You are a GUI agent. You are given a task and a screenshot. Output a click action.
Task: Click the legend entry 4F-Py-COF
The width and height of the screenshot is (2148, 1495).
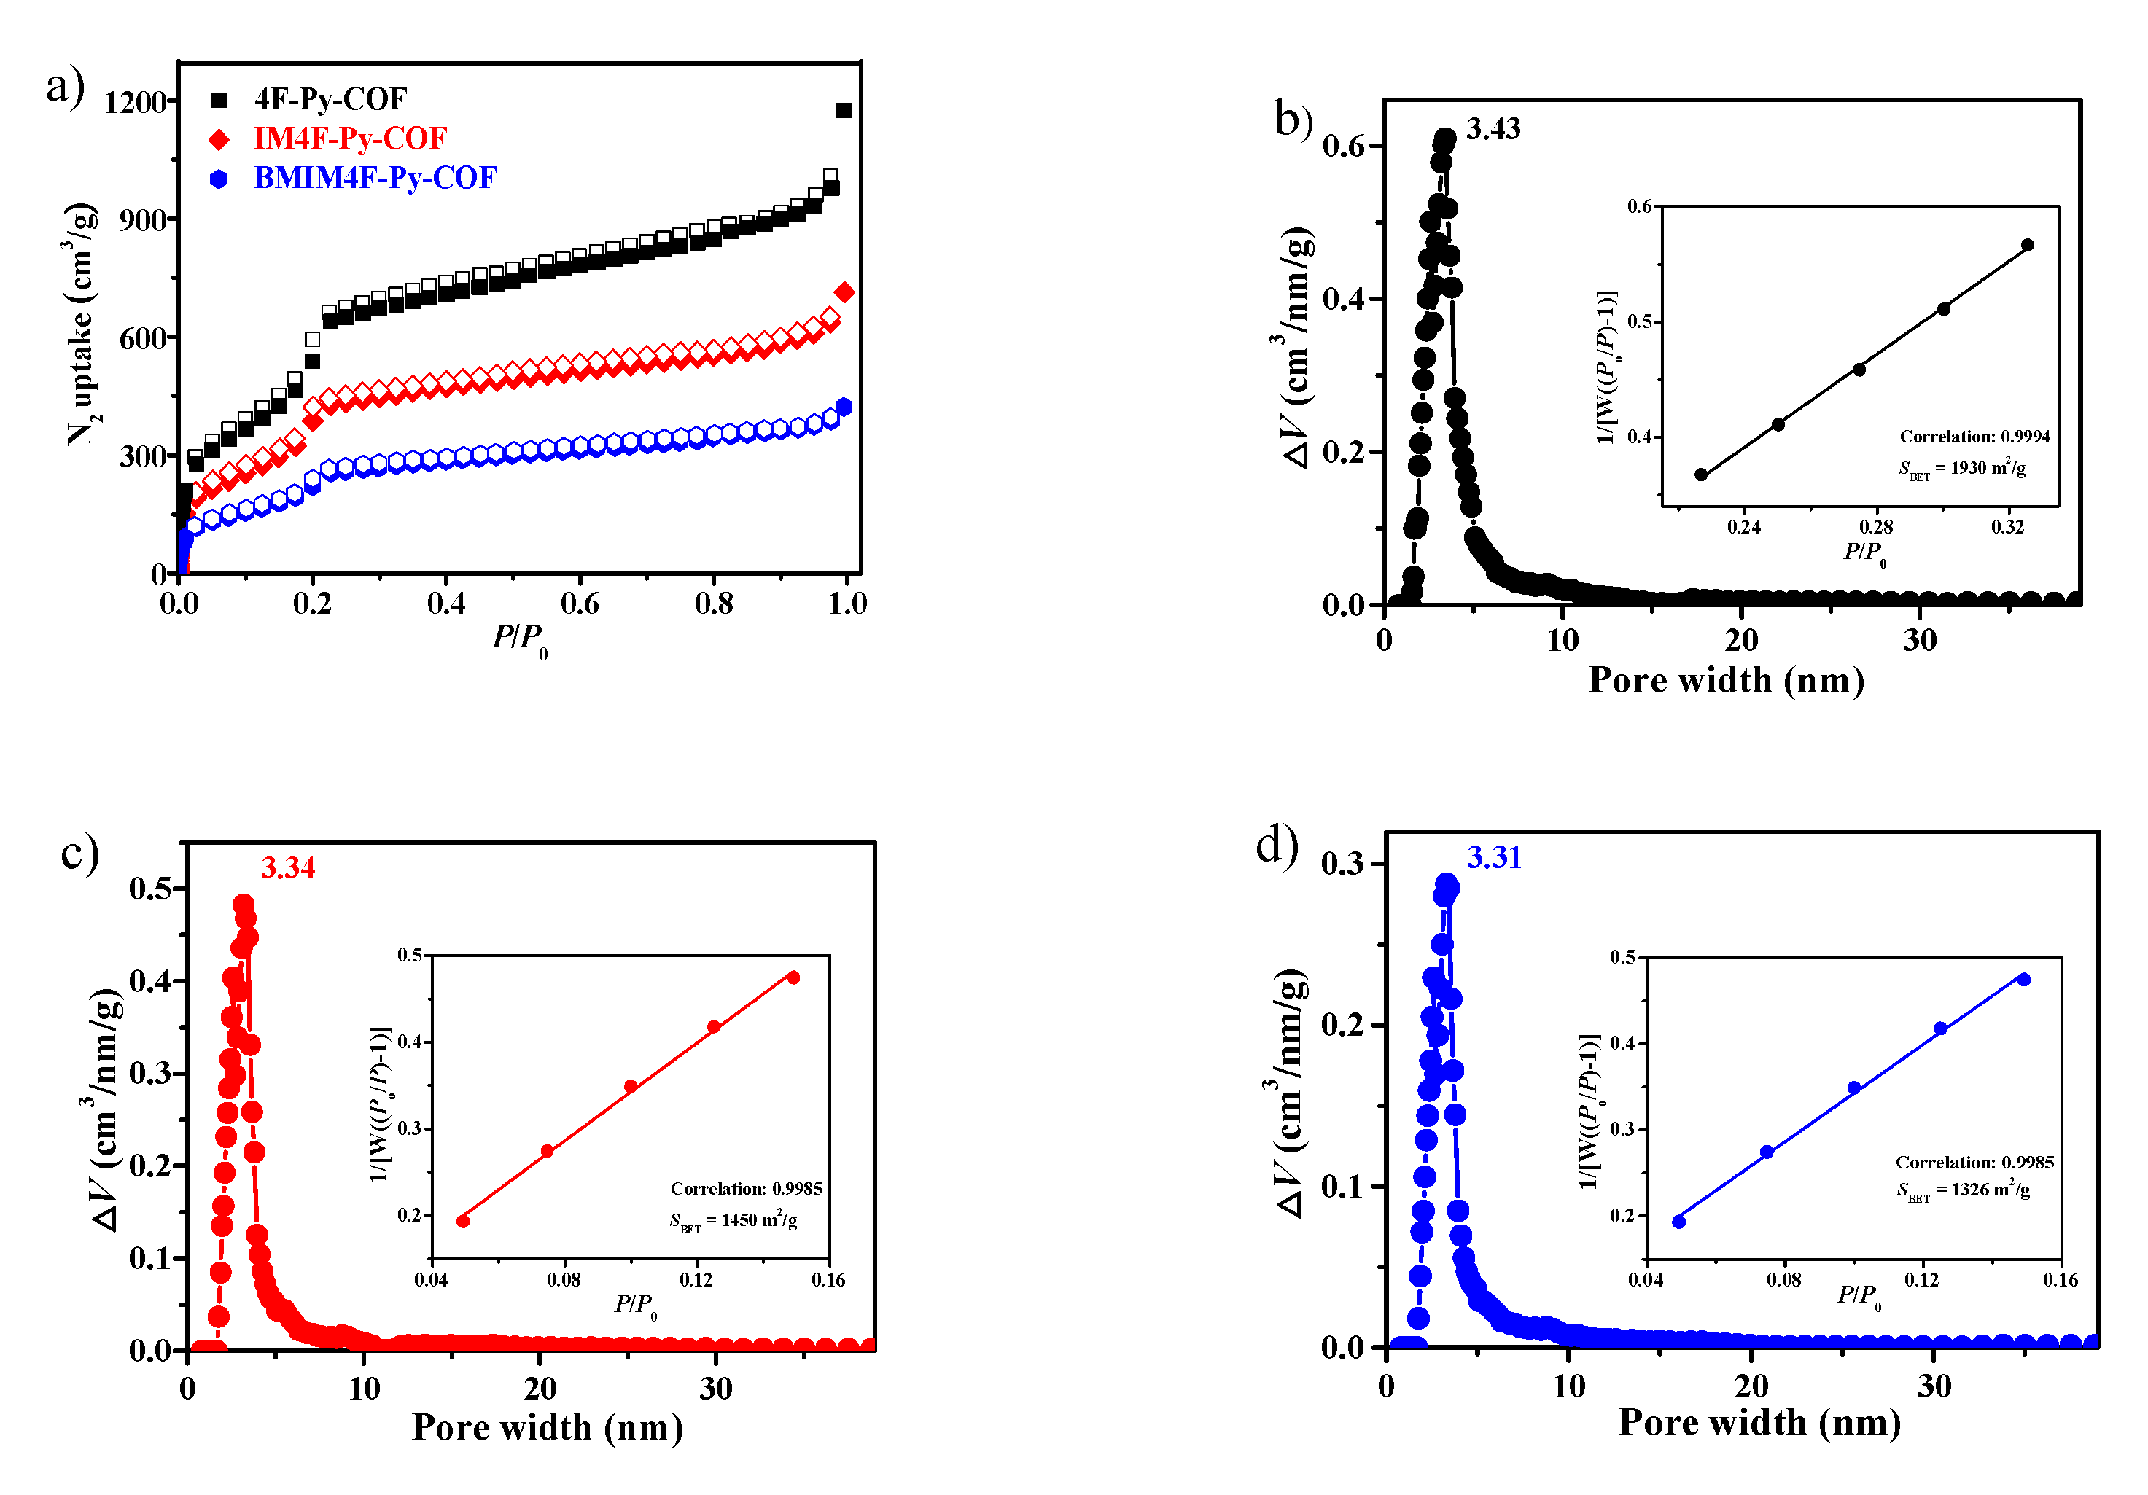pyautogui.click(x=330, y=99)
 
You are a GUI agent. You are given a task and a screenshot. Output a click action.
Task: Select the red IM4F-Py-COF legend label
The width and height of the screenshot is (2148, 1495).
pyautogui.click(x=350, y=138)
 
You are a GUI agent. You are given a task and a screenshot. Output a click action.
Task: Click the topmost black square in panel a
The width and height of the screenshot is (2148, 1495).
pyautogui.click(x=844, y=110)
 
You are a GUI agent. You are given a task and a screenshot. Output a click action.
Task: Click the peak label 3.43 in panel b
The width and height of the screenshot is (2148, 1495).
pyautogui.click(x=1493, y=129)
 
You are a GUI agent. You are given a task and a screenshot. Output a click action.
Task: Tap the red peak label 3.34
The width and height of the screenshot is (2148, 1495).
pyautogui.click(x=288, y=868)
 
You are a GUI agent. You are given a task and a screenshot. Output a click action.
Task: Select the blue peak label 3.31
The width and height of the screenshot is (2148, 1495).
pyautogui.click(x=1494, y=858)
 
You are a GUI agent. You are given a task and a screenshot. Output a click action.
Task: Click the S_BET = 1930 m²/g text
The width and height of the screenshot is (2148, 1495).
pyautogui.click(x=1962, y=469)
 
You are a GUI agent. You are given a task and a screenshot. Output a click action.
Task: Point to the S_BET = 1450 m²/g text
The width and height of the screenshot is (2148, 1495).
pyautogui.click(x=733, y=1221)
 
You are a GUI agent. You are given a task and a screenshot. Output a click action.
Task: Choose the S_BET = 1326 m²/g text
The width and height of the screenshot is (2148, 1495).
pyautogui.click(x=1963, y=1190)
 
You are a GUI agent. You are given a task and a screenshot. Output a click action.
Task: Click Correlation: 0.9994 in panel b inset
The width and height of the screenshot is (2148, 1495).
pyautogui.click(x=1974, y=437)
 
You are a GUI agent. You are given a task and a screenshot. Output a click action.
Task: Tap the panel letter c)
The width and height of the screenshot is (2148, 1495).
pyautogui.click(x=79, y=854)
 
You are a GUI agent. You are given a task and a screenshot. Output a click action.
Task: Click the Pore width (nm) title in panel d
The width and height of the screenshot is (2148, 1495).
pyautogui.click(x=1759, y=1422)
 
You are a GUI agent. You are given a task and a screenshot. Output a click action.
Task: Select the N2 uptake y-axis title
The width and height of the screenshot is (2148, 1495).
pyautogui.click(x=82, y=323)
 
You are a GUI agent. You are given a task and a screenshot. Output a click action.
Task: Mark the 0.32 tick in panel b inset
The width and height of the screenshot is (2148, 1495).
pyautogui.click(x=2008, y=527)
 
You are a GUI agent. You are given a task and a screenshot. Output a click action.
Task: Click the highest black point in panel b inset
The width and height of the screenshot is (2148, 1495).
pyautogui.click(x=2027, y=245)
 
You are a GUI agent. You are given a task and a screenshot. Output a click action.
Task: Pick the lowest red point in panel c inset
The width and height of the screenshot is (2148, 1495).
pyautogui.click(x=463, y=1221)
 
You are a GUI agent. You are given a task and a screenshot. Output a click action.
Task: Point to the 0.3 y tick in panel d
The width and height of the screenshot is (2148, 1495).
pyautogui.click(x=1342, y=864)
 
